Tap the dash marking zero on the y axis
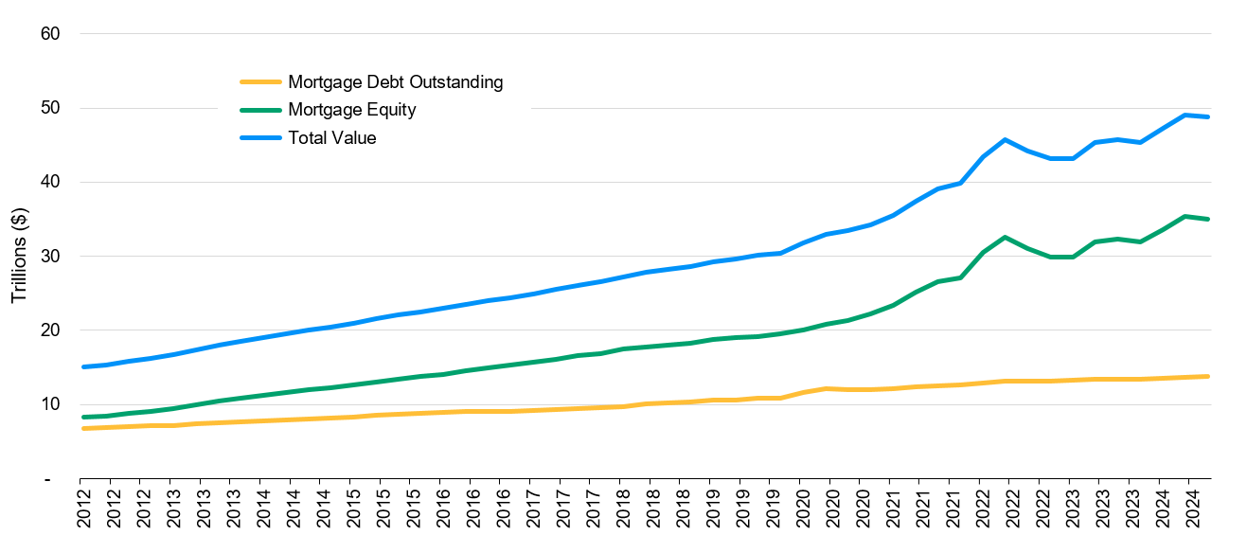(x=47, y=480)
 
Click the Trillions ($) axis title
(x=19, y=257)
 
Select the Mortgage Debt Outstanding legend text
(x=395, y=82)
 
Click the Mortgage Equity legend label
(x=351, y=110)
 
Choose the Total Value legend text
(x=331, y=138)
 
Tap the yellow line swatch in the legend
(x=261, y=82)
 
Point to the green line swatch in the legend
(x=261, y=110)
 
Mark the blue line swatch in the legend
(x=261, y=138)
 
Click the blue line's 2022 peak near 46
(x=1004, y=139)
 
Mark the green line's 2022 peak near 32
(x=1004, y=238)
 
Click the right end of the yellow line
(x=1209, y=376)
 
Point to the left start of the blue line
(x=83, y=366)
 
